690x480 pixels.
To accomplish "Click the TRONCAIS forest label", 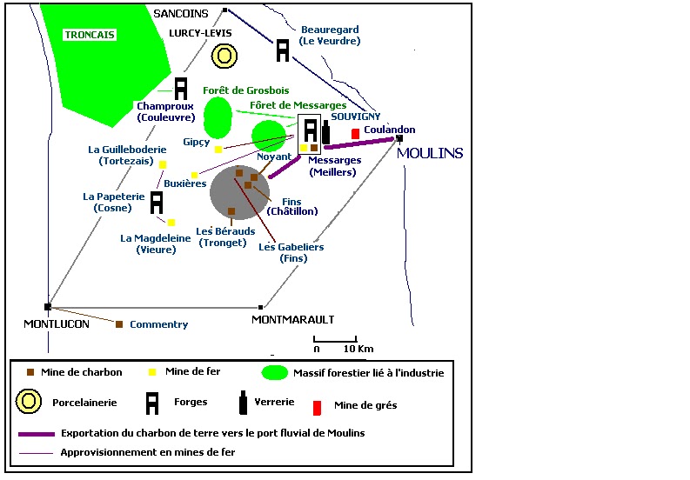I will click(x=90, y=35).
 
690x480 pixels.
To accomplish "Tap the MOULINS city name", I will click(x=430, y=153).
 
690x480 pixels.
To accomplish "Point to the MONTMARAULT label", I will click(x=292, y=319).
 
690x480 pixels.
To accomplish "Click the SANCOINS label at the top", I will click(x=180, y=13).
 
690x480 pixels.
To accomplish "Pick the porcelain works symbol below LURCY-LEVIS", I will click(x=224, y=56).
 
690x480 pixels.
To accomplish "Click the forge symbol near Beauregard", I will click(x=283, y=50).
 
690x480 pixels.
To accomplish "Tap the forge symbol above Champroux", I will click(x=181, y=88).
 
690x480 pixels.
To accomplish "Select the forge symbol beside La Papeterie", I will click(x=157, y=202).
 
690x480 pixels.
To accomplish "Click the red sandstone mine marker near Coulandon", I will click(x=355, y=133).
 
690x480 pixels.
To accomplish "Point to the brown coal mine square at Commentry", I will click(x=119, y=324).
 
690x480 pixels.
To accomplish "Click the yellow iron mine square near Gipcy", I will click(x=218, y=149).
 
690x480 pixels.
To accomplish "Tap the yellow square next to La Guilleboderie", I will click(x=162, y=163).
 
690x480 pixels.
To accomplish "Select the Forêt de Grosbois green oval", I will click(x=218, y=117).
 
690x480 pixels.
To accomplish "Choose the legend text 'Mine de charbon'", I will click(x=81, y=372).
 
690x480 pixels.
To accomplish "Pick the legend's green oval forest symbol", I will click(x=276, y=373).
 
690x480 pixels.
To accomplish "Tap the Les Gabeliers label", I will click(x=291, y=247).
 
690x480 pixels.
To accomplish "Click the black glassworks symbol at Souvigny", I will click(x=326, y=132).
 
